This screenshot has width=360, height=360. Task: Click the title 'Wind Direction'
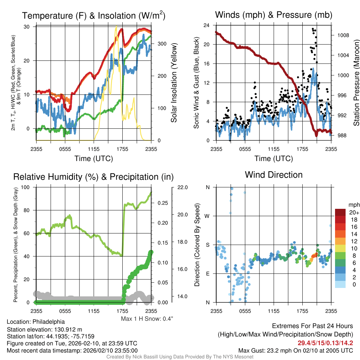click(274, 175)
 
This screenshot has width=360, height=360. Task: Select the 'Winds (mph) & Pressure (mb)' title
click(274, 15)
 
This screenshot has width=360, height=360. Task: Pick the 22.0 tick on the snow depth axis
click(182, 187)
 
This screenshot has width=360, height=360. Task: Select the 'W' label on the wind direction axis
click(208, 216)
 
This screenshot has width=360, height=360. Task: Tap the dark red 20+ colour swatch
click(341, 212)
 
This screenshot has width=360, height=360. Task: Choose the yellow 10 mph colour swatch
click(341, 248)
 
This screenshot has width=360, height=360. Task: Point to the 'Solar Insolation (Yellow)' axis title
click(174, 83)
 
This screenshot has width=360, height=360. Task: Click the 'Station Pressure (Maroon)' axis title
click(356, 83)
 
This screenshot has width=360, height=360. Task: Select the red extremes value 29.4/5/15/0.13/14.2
click(326, 343)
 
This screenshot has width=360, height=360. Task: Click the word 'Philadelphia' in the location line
click(49, 322)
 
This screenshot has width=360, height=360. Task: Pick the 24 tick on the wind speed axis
click(207, 25)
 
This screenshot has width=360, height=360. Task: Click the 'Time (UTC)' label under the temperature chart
click(94, 159)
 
